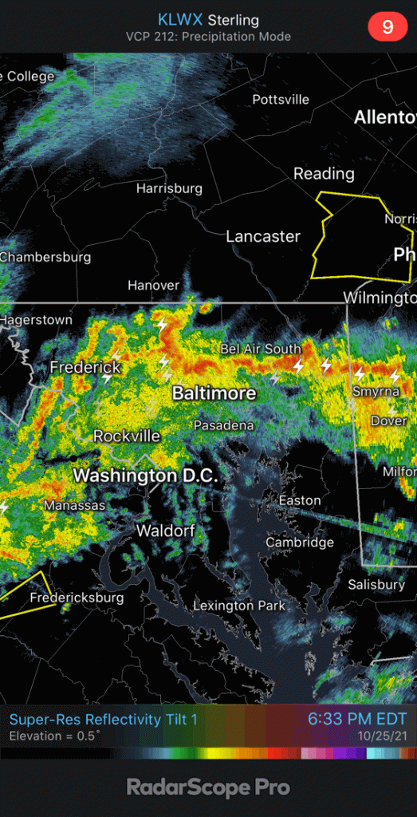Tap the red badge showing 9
point(387,26)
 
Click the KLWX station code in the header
point(180,20)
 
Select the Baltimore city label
point(214,393)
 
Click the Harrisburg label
point(169,189)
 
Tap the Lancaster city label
point(263,236)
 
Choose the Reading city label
point(324,174)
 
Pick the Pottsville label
point(281,100)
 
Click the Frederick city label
point(85,368)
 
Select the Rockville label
point(127,436)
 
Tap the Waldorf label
point(166,531)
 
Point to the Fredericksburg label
point(77,598)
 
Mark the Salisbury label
point(376,585)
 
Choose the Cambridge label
point(300,543)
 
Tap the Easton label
point(300,501)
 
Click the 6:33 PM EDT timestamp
point(357,719)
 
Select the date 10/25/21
point(382,736)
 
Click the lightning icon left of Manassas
point(5,507)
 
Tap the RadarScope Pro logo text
point(208,787)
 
